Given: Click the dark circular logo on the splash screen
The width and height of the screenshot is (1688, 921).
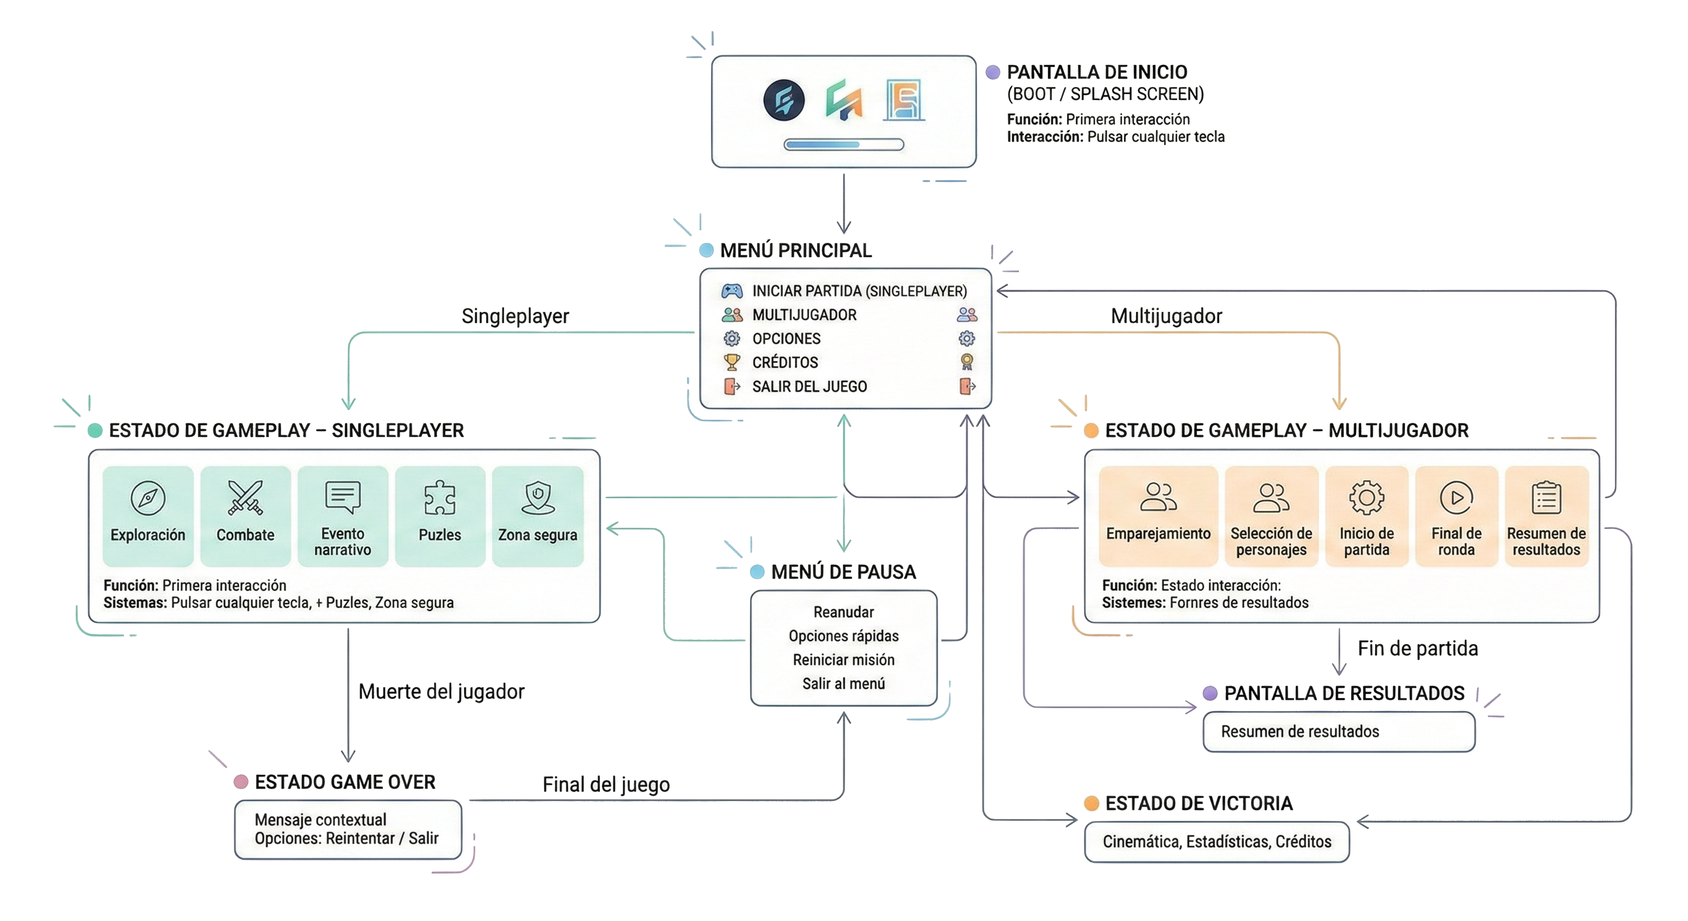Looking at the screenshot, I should (783, 100).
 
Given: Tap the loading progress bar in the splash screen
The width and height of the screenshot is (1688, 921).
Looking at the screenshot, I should (843, 145).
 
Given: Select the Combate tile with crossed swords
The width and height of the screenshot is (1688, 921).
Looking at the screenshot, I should (245, 516).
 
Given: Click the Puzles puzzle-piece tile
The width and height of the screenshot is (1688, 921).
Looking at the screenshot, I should (440, 516).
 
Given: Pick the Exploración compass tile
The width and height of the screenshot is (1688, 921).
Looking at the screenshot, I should (148, 516).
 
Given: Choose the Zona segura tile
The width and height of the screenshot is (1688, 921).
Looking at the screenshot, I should (537, 516).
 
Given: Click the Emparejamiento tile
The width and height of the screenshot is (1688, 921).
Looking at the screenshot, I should (1158, 516).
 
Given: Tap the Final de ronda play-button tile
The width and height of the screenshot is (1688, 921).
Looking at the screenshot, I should (1456, 516).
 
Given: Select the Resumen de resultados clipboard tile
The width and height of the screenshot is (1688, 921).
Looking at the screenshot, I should (1546, 516).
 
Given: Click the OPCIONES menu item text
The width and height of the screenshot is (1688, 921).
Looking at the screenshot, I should (786, 339).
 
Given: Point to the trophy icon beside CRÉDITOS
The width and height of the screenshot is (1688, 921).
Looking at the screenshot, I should (731, 362).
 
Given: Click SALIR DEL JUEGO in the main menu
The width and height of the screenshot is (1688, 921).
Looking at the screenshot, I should (809, 387).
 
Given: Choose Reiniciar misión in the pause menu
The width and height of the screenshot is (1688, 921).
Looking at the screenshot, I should (843, 660).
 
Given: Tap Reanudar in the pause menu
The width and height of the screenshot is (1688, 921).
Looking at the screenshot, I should (843, 612).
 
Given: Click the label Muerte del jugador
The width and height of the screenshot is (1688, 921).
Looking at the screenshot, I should (441, 691).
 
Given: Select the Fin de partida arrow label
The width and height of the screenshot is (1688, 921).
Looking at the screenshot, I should (1418, 648).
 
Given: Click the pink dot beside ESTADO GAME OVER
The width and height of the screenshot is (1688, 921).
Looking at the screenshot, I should (241, 781).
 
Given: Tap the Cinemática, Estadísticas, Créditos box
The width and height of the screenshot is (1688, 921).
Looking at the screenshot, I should (1216, 842).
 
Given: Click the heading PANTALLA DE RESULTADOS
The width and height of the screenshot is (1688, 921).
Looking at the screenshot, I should (1343, 693).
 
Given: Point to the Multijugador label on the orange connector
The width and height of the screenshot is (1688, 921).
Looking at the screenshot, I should (1166, 316).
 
